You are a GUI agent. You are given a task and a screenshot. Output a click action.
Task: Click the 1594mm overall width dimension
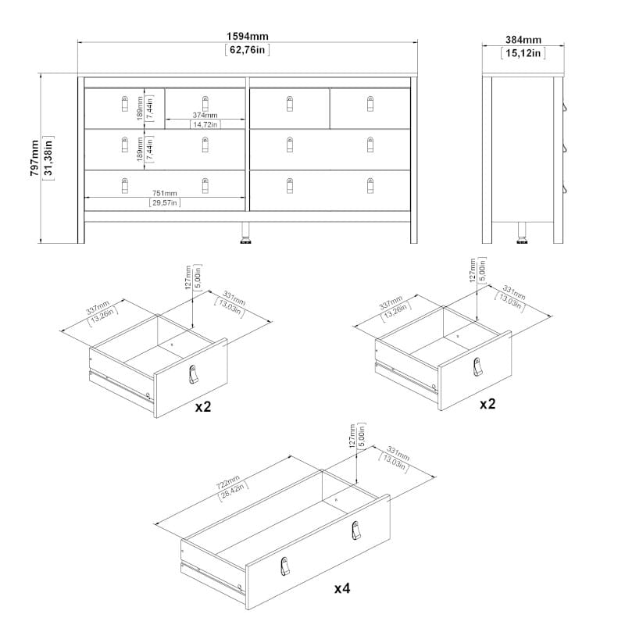(248, 36)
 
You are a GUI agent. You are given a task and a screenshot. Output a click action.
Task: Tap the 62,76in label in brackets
(248, 50)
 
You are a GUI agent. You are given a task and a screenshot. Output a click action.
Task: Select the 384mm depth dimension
(523, 40)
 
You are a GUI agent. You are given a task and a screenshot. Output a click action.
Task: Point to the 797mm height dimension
(34, 158)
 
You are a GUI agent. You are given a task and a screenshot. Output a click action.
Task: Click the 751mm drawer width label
(165, 193)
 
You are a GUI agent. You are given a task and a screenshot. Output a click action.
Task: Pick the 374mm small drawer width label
(205, 115)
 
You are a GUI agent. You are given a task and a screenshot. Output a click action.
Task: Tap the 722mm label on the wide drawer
(228, 482)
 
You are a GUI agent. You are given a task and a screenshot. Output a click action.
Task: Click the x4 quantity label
(342, 588)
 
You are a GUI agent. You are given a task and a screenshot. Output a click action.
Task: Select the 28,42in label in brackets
(234, 491)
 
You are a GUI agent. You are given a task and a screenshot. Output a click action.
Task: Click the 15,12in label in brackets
(523, 53)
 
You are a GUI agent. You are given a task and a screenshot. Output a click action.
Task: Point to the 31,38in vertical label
(48, 158)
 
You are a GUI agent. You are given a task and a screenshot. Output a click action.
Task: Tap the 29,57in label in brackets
(165, 203)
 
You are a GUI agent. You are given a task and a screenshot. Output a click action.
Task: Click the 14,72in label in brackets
(205, 125)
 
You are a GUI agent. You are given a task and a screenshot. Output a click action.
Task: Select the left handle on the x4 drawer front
(284, 566)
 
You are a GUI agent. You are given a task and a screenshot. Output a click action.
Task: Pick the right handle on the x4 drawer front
(356, 530)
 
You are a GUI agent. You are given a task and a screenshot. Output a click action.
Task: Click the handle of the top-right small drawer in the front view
(370, 104)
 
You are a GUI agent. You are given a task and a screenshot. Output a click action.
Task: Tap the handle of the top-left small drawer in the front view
(125, 104)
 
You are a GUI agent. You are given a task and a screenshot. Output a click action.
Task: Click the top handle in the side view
(565, 107)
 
